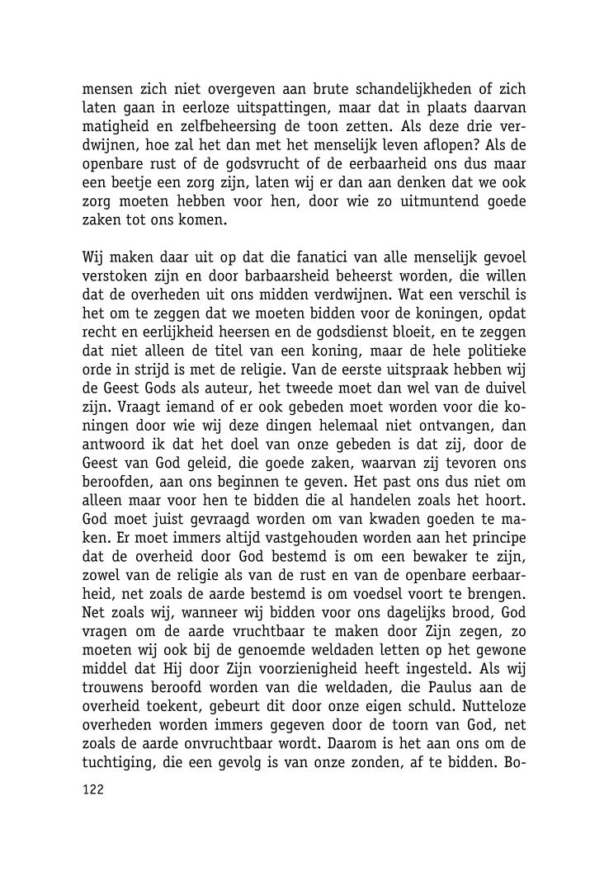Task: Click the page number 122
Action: point(92,789)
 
